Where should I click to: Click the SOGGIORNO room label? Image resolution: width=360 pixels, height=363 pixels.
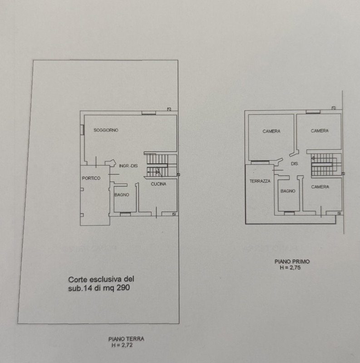[106, 131]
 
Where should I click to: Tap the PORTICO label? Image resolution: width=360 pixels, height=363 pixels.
[91, 178]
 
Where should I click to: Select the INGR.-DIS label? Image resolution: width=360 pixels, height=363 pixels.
[128, 166]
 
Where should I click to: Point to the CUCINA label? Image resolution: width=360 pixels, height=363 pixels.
[158, 184]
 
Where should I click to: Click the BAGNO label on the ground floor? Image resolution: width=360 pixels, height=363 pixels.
[122, 195]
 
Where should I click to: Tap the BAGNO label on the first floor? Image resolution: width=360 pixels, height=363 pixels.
[288, 191]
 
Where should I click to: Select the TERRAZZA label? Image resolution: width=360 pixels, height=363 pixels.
[260, 181]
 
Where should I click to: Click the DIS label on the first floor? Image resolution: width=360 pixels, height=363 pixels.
[294, 163]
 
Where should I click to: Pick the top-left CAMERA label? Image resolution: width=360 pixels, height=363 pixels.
[271, 131]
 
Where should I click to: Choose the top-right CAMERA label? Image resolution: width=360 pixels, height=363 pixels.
[320, 131]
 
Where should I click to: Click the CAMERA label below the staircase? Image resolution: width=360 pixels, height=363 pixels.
[320, 187]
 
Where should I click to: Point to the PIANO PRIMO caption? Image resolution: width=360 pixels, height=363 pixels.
[292, 262]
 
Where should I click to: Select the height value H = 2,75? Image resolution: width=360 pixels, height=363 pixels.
[291, 268]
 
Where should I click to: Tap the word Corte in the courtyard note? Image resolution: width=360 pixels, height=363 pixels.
[78, 280]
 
